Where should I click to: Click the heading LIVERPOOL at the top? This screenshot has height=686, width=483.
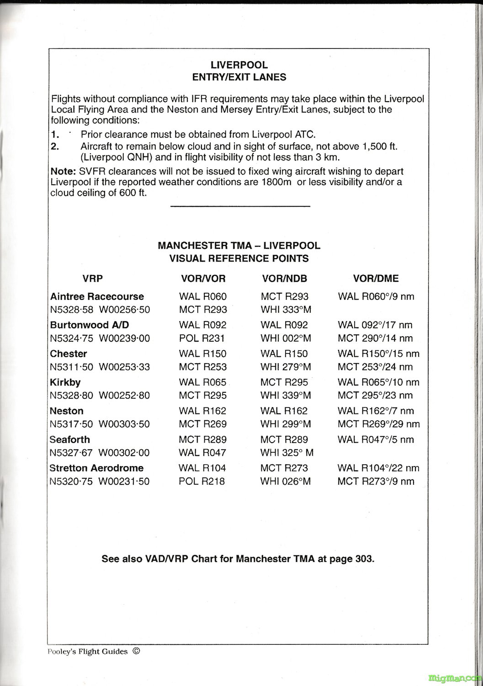(239, 65)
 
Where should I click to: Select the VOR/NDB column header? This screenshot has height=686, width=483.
(284, 279)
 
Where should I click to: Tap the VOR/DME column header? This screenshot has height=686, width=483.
(376, 279)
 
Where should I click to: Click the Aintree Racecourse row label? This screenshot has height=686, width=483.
(97, 296)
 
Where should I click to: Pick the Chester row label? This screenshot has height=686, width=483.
(69, 354)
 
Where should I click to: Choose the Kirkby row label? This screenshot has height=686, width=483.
(65, 382)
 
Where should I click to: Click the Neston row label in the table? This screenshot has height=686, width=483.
(67, 411)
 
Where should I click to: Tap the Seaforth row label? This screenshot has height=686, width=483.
(70, 439)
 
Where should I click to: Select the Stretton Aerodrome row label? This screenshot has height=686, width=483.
(96, 468)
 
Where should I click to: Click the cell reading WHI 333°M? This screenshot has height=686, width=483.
(286, 310)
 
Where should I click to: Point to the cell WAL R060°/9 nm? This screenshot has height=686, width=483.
(376, 296)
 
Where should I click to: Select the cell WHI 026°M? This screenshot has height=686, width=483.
(286, 481)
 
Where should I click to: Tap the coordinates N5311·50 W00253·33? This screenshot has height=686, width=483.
(100, 367)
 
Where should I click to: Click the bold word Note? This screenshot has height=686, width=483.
(64, 171)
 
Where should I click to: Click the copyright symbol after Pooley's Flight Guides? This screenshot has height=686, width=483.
(136, 651)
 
